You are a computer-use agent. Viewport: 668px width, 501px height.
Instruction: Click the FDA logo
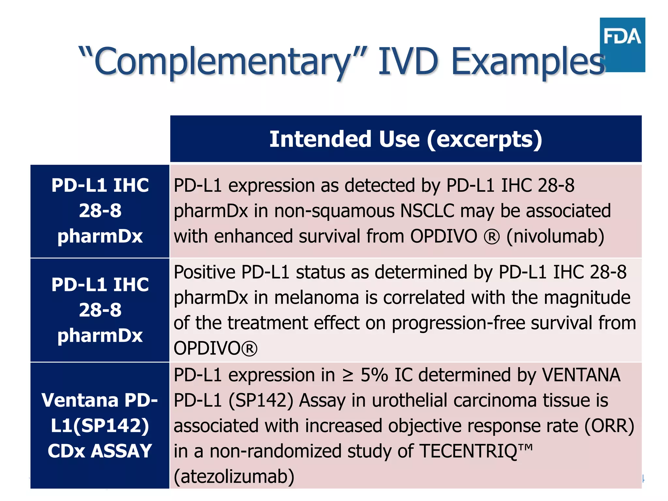point(622,45)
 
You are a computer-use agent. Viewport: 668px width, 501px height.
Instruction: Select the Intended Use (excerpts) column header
point(405,139)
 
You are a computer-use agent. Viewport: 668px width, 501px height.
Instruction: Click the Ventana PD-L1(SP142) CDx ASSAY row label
point(100,425)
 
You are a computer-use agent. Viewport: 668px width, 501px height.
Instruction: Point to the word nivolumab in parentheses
point(555,236)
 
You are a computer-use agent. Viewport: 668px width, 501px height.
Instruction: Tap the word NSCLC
point(427,211)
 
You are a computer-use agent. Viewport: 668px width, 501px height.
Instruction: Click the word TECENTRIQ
point(468,451)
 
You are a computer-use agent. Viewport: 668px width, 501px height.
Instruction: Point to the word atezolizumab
point(234,477)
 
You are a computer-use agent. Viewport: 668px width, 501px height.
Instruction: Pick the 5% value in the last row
point(374,375)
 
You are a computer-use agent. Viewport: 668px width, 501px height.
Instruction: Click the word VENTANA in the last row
point(581,375)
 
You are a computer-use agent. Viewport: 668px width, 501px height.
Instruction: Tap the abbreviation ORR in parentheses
point(609,426)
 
